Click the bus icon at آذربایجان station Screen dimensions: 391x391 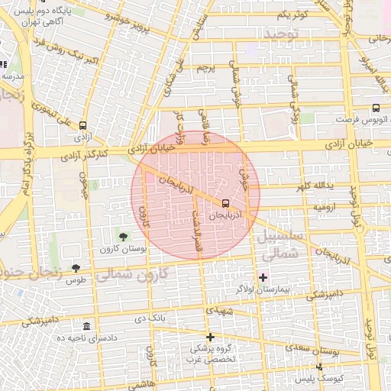coord(225,203)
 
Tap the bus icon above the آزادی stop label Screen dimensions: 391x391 coord(82,127)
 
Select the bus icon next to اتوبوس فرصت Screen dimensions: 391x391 coord(375,108)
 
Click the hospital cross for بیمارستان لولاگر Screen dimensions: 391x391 coord(263,276)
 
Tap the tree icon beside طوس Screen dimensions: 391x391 coord(75,267)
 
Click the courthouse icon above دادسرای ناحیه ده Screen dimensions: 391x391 coord(87,326)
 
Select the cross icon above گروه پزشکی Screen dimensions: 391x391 coord(210,337)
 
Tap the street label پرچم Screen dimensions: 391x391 coord(218,68)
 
